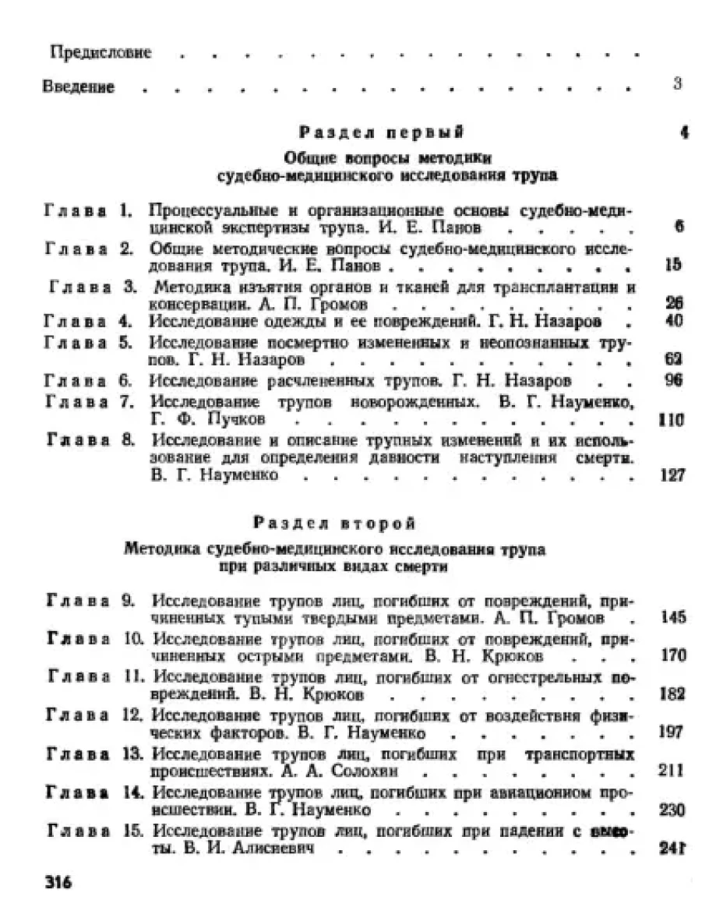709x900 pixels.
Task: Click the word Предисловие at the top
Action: point(101,54)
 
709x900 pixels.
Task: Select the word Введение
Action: point(79,87)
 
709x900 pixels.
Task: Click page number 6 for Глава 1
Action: point(679,227)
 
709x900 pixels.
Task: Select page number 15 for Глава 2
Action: point(675,265)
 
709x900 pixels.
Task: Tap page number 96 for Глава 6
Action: point(674,380)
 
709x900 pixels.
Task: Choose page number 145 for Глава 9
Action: point(671,617)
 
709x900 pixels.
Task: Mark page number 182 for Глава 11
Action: point(671,694)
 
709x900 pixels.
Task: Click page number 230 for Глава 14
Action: point(671,810)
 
